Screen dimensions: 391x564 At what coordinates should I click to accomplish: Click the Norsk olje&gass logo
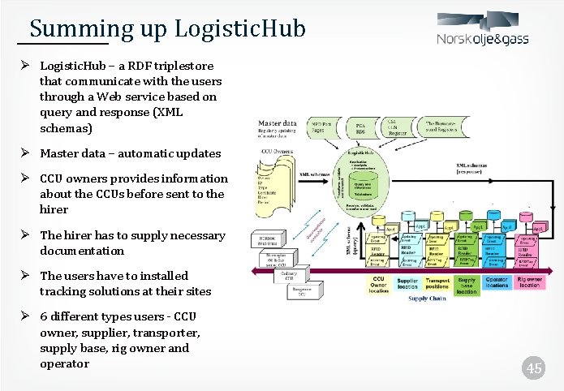(x=484, y=32)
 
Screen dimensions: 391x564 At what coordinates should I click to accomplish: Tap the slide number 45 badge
(x=533, y=368)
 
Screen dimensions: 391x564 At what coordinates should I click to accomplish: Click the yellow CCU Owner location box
(x=378, y=284)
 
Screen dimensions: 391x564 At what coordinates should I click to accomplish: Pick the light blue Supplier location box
(x=407, y=284)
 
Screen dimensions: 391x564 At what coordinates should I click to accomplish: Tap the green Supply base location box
(x=467, y=285)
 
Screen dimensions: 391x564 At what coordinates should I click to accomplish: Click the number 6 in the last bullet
(x=43, y=316)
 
